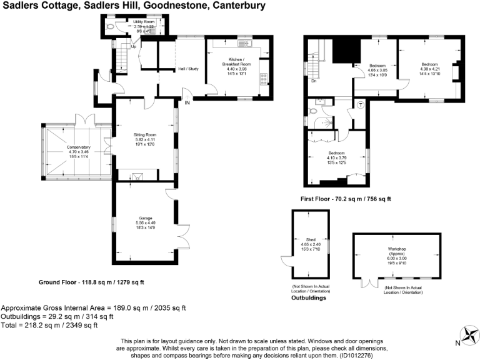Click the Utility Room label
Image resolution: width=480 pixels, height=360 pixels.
coord(144,22)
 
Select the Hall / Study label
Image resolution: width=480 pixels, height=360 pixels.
coord(188,69)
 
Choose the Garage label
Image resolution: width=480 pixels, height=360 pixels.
coord(145,219)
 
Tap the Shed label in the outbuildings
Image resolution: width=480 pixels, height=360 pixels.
coord(311,239)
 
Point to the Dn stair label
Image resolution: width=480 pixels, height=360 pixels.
coord(313,80)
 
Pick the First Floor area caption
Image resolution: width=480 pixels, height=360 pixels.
coord(346,199)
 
